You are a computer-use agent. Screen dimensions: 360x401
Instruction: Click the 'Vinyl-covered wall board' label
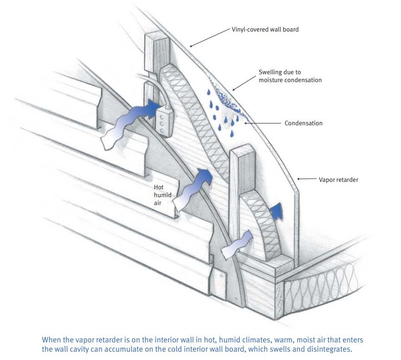pos(265,29)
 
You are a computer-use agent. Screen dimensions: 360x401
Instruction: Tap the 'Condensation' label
pos(303,123)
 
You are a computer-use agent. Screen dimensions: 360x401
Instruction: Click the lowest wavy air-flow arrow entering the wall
pos(236,244)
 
